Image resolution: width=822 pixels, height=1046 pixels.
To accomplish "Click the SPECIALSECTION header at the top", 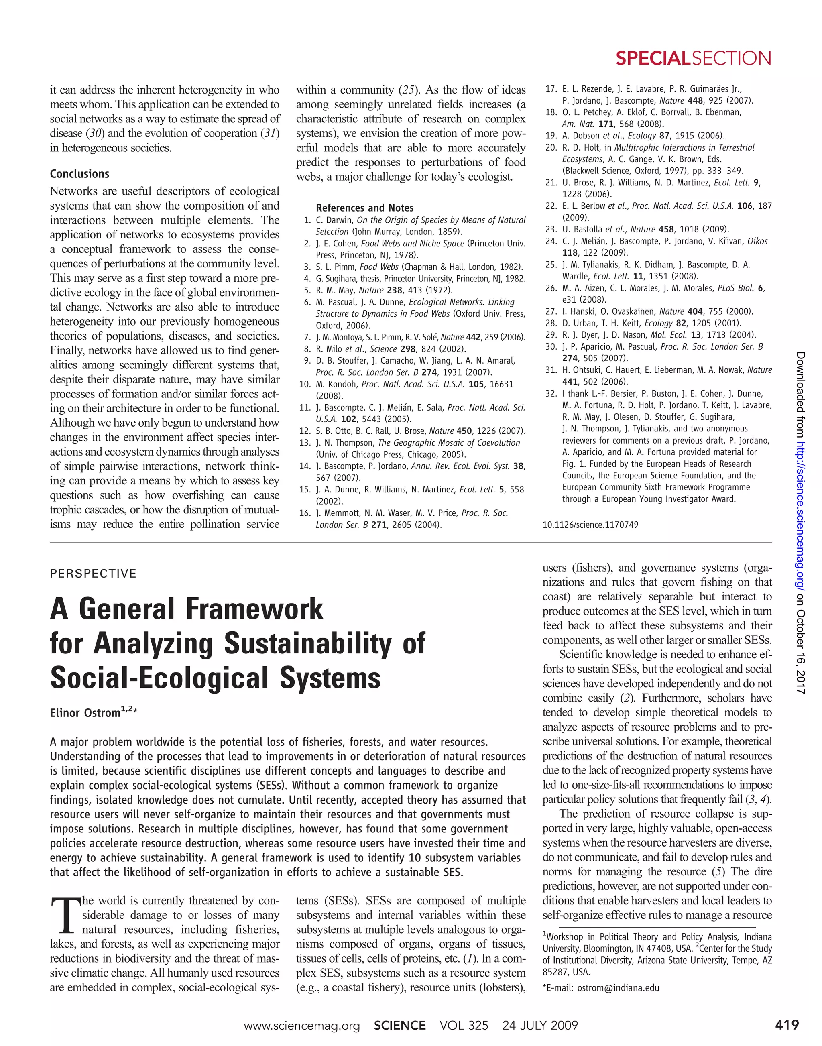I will pyautogui.click(x=693, y=59).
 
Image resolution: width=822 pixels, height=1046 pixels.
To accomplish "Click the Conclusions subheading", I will pyautogui.click(x=79, y=174).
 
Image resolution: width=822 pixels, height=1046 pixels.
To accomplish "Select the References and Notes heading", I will pyautogui.click(x=364, y=208).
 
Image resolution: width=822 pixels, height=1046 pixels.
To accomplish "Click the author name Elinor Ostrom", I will pyautogui.click(x=85, y=713).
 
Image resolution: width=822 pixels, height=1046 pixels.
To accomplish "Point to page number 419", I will pyautogui.click(x=787, y=1025).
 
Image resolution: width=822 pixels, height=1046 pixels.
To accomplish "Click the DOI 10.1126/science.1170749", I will pyautogui.click(x=590, y=525).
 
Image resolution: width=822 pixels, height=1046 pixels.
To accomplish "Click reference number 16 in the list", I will pyautogui.click(x=305, y=513).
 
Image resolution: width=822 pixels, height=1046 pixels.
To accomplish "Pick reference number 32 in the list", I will pyautogui.click(x=551, y=393).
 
